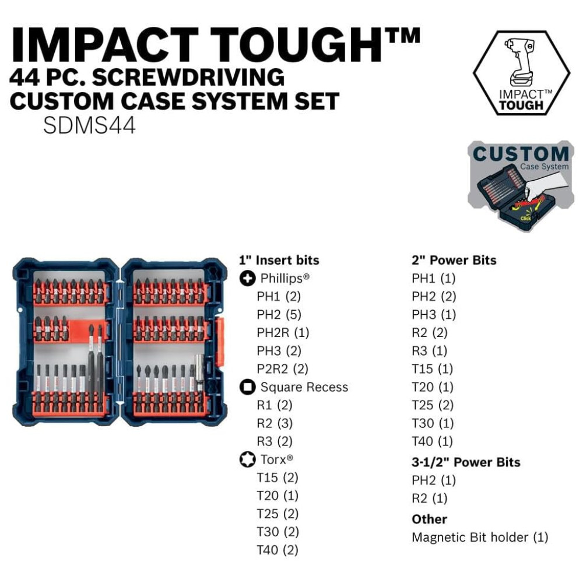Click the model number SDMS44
coord(89,126)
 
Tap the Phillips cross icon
coord(247,278)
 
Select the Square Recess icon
coord(247,387)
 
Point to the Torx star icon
coord(247,459)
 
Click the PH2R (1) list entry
coord(283,333)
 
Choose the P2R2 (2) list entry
coord(283,369)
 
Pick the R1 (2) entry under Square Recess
coord(275,405)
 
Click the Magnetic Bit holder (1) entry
coord(480,538)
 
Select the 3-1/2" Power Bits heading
coord(466,462)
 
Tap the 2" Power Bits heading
coord(454,260)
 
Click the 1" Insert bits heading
coord(279,260)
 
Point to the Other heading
coord(430,519)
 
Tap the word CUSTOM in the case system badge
coord(521,154)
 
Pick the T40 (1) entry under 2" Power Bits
coord(433,441)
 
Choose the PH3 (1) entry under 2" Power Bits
coord(434,315)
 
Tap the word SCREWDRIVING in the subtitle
coord(188,78)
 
